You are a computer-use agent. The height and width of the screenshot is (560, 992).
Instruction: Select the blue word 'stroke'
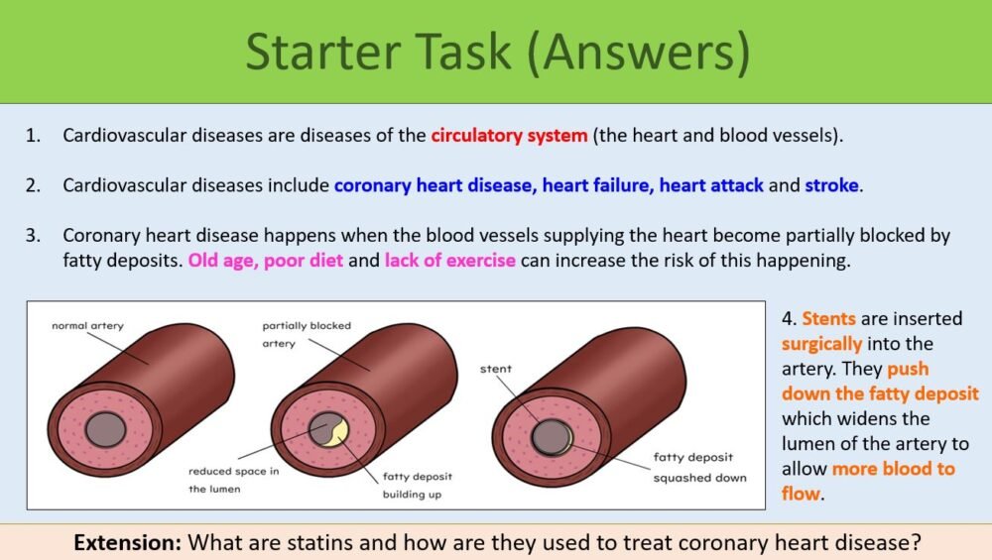833,185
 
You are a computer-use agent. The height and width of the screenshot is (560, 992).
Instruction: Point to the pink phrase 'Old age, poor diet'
267,261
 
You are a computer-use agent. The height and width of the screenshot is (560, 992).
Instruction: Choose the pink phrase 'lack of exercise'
450,261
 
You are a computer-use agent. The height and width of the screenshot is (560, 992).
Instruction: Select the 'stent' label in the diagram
496,369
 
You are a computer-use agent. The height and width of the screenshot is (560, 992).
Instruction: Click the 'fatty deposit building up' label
418,485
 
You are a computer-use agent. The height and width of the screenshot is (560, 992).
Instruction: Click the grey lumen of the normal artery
105,429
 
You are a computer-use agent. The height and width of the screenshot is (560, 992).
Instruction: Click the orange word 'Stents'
827,319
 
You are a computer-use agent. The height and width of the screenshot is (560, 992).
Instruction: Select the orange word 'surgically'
822,344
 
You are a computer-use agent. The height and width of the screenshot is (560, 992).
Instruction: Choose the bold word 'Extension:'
128,542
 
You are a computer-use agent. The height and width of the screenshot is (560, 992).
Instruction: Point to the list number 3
33,236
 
